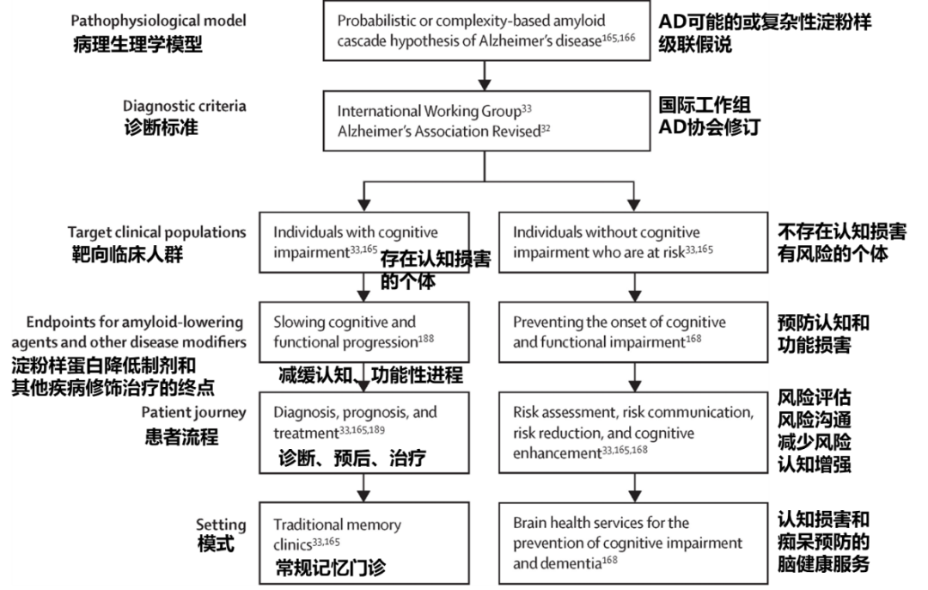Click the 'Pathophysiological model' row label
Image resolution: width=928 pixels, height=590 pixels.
click(158, 20)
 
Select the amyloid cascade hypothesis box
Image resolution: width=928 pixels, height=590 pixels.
click(485, 31)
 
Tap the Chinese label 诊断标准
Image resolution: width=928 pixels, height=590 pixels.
click(162, 128)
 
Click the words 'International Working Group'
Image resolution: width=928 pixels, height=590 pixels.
click(429, 111)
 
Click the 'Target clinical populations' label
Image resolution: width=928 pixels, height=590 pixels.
click(156, 232)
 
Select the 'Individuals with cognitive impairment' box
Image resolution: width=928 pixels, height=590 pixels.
click(364, 242)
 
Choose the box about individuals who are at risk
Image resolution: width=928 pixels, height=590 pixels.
click(633, 242)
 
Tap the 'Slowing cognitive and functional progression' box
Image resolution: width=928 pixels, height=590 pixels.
click(364, 331)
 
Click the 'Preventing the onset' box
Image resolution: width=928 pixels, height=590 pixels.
click(633, 331)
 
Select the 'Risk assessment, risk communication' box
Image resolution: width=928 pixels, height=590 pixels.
click(633, 432)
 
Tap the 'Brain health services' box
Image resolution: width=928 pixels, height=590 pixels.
click(633, 542)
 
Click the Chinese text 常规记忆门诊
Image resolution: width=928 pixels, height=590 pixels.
click(330, 568)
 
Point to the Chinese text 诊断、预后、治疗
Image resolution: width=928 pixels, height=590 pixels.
click(351, 458)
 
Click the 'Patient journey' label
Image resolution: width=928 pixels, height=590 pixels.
click(193, 413)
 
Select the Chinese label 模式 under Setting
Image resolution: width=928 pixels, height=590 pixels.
click(215, 544)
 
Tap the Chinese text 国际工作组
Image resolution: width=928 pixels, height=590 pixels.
click(704, 105)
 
